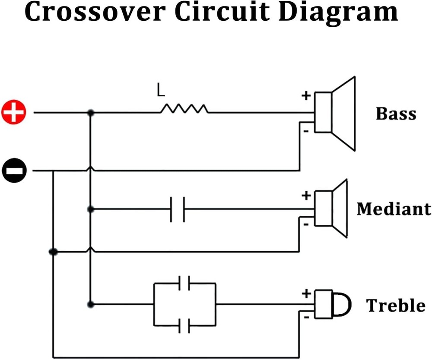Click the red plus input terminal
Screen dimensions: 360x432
[x=13, y=113]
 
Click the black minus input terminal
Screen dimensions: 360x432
[x=14, y=171]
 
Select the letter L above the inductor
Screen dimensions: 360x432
[x=161, y=91]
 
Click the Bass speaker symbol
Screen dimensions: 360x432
[x=335, y=113]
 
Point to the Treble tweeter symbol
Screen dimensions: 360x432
[x=332, y=304]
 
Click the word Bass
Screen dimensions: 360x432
[x=396, y=114]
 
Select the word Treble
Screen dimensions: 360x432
[x=396, y=305]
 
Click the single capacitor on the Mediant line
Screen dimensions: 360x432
[x=178, y=209]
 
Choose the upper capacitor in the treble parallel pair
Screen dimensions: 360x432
[x=184, y=283]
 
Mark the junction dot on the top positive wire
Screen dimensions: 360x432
[x=90, y=113]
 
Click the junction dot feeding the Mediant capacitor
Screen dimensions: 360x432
[x=90, y=209]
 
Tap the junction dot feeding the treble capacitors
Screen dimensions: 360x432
[x=90, y=304]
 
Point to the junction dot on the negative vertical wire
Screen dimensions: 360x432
[x=53, y=252]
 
